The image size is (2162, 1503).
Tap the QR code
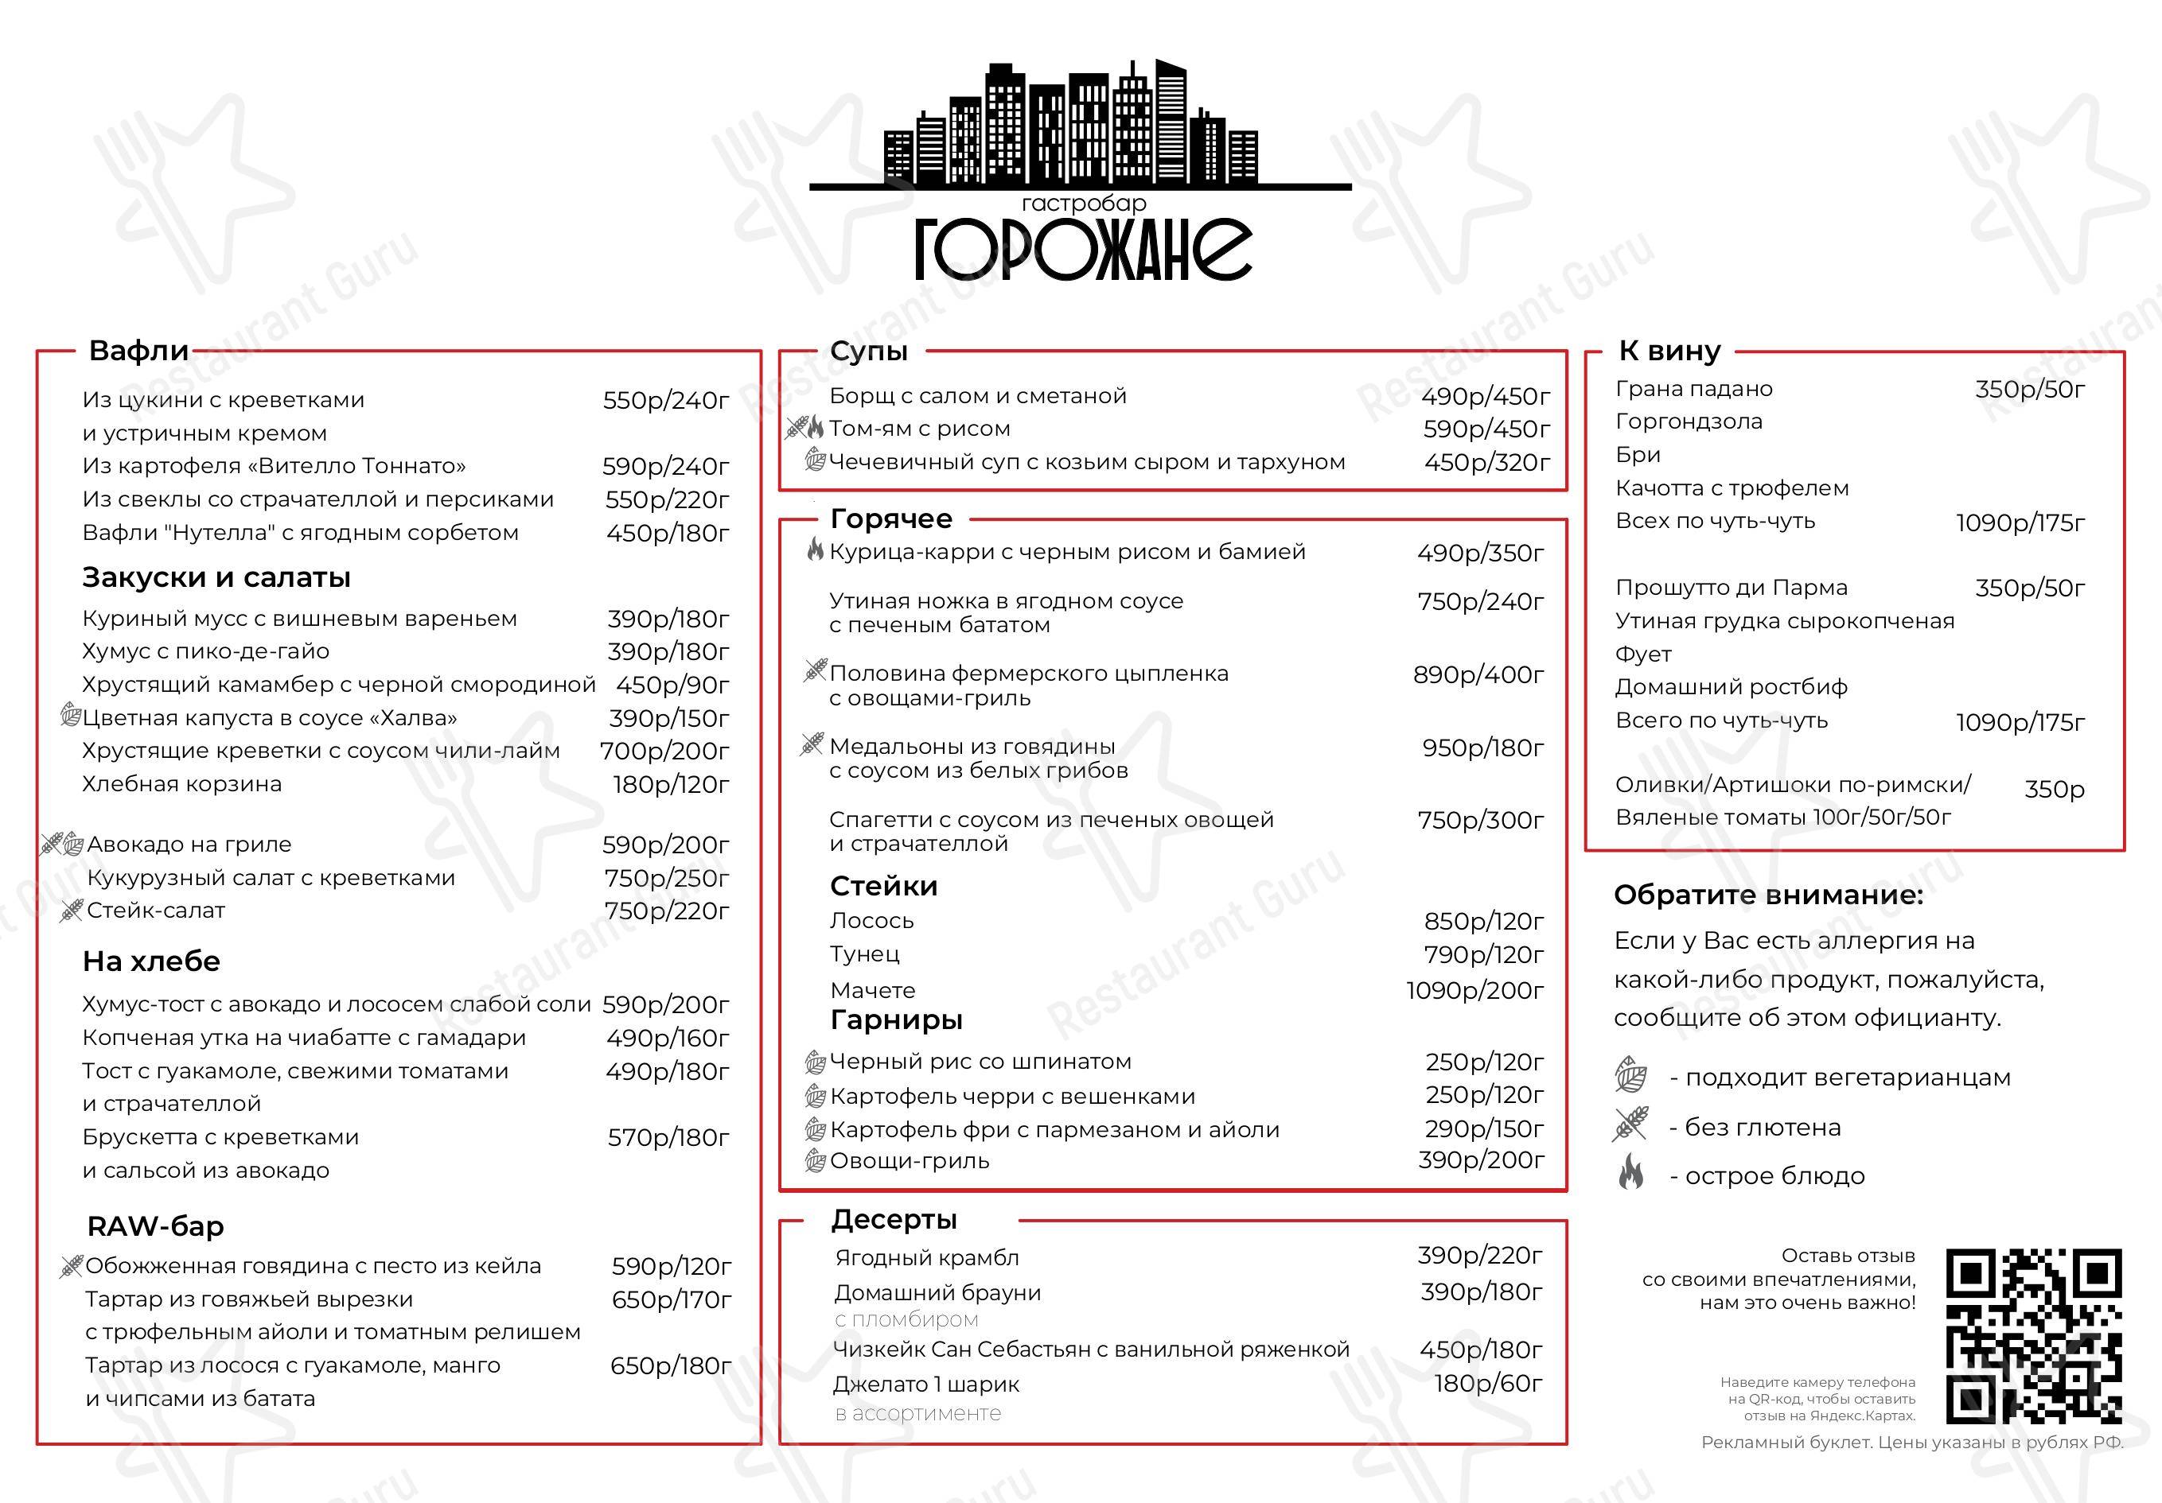[x=2033, y=1337]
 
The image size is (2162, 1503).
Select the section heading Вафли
[x=138, y=351]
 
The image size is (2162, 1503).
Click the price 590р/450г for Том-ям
[x=1486, y=429]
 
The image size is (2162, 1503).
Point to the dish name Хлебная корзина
[x=181, y=784]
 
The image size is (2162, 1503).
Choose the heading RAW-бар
[x=155, y=1226]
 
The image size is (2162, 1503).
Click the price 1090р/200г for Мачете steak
[x=1474, y=990]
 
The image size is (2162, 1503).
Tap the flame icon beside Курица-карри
[x=816, y=550]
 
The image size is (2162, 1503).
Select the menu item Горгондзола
[x=1689, y=421]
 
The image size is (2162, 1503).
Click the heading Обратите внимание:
[x=1767, y=895]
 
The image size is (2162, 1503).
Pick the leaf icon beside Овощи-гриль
[x=816, y=1160]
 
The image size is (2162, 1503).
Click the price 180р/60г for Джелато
[x=1488, y=1384]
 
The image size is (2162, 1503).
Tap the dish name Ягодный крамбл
[x=926, y=1257]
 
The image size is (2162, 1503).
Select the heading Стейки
[x=883, y=886]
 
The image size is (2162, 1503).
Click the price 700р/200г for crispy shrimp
[x=664, y=751]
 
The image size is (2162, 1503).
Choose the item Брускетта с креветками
[x=220, y=1137]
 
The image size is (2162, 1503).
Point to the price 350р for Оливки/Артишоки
[x=2054, y=790]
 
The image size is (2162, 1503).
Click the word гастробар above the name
[x=1083, y=204]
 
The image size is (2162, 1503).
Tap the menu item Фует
[x=1643, y=654]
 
